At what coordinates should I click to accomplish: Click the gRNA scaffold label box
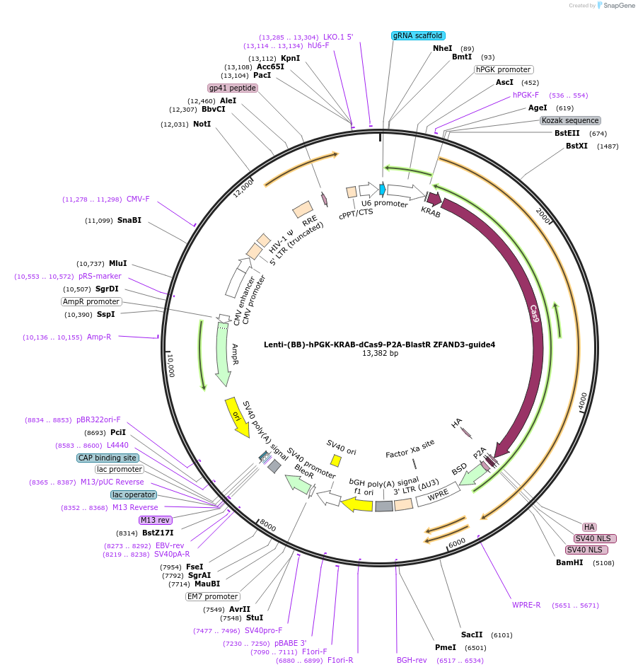pyautogui.click(x=417, y=35)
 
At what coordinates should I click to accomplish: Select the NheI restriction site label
pyautogui.click(x=443, y=48)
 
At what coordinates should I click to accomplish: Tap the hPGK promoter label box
pyautogui.click(x=504, y=70)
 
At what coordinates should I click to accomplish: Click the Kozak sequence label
pyautogui.click(x=570, y=121)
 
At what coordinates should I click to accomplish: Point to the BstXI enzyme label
pyautogui.click(x=576, y=146)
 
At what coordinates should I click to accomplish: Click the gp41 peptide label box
pyautogui.click(x=232, y=88)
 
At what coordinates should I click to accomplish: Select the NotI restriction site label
pyautogui.click(x=202, y=124)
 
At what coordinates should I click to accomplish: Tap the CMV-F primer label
pyautogui.click(x=138, y=199)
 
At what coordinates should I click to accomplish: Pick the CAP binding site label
pyautogui.click(x=107, y=458)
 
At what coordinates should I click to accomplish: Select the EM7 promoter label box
pyautogui.click(x=212, y=596)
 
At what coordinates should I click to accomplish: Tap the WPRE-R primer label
pyautogui.click(x=526, y=605)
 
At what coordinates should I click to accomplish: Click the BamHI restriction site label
pyautogui.click(x=570, y=563)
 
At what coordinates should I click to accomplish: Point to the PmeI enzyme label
pyautogui.click(x=446, y=647)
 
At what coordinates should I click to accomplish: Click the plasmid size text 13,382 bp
pyautogui.click(x=380, y=353)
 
